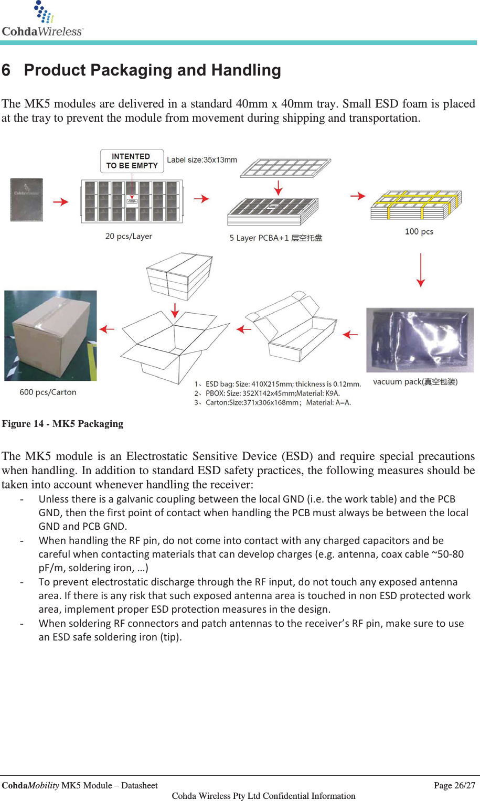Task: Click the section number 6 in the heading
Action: tap(6, 70)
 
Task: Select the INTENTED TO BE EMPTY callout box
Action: tap(132, 161)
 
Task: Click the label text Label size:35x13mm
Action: tap(202, 160)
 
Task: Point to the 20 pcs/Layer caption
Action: tap(129, 237)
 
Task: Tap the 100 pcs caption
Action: tap(419, 232)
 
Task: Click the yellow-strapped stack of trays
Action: tap(416, 205)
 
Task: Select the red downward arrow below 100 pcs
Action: tap(420, 270)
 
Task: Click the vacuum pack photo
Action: tap(420, 340)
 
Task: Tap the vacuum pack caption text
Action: tap(415, 382)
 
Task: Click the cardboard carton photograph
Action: tap(50, 336)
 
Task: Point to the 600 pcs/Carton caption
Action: tap(48, 392)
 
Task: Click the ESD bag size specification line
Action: tap(278, 384)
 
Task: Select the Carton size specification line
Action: tap(273, 403)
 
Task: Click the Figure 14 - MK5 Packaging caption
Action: tap(62, 424)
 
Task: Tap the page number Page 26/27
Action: tap(454, 785)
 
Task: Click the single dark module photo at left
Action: tap(27, 200)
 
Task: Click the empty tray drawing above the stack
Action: tap(285, 168)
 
